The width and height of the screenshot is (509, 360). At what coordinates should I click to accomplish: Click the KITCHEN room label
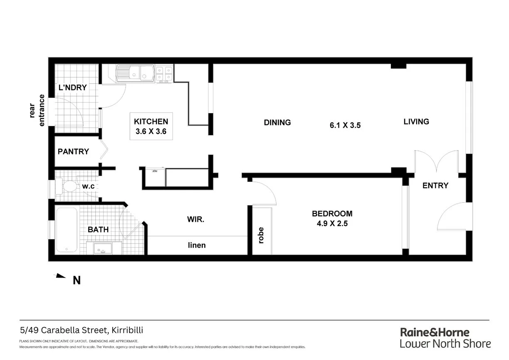[x=151, y=122]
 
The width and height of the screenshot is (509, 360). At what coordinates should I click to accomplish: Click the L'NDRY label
[x=72, y=87]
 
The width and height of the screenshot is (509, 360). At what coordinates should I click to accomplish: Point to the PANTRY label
[x=73, y=151]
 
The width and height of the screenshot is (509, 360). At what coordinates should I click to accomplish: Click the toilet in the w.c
[x=66, y=186]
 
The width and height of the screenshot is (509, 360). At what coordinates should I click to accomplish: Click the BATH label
[x=98, y=229]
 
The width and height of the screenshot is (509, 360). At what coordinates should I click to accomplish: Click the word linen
[x=197, y=245]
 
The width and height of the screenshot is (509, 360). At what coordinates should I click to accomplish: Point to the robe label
[x=261, y=236]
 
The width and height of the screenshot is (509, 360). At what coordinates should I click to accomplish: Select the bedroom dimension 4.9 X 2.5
[x=332, y=223]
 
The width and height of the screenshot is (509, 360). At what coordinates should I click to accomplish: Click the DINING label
[x=277, y=122]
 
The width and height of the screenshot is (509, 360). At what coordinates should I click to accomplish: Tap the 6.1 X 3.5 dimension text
[x=345, y=125]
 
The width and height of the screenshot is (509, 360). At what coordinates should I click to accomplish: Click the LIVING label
[x=416, y=122]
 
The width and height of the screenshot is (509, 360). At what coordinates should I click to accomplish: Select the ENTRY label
[x=435, y=186]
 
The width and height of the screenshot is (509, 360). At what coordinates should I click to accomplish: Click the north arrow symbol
[x=61, y=276]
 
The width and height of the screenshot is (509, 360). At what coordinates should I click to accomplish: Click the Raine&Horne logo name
[x=435, y=333]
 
